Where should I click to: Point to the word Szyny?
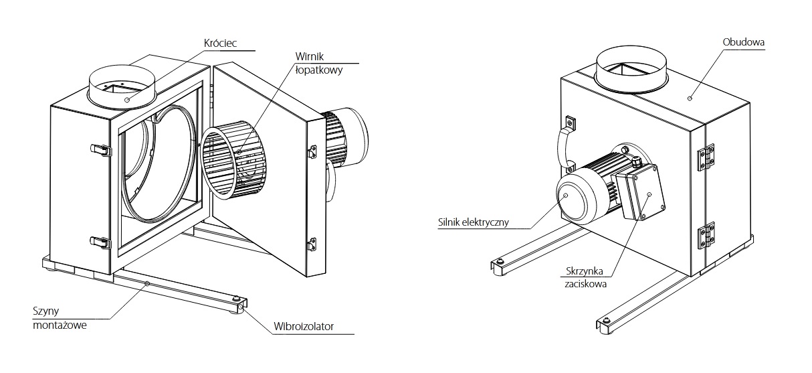coord(44,312)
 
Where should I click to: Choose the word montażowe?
coord(60,326)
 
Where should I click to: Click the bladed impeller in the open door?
coord(231,164)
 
